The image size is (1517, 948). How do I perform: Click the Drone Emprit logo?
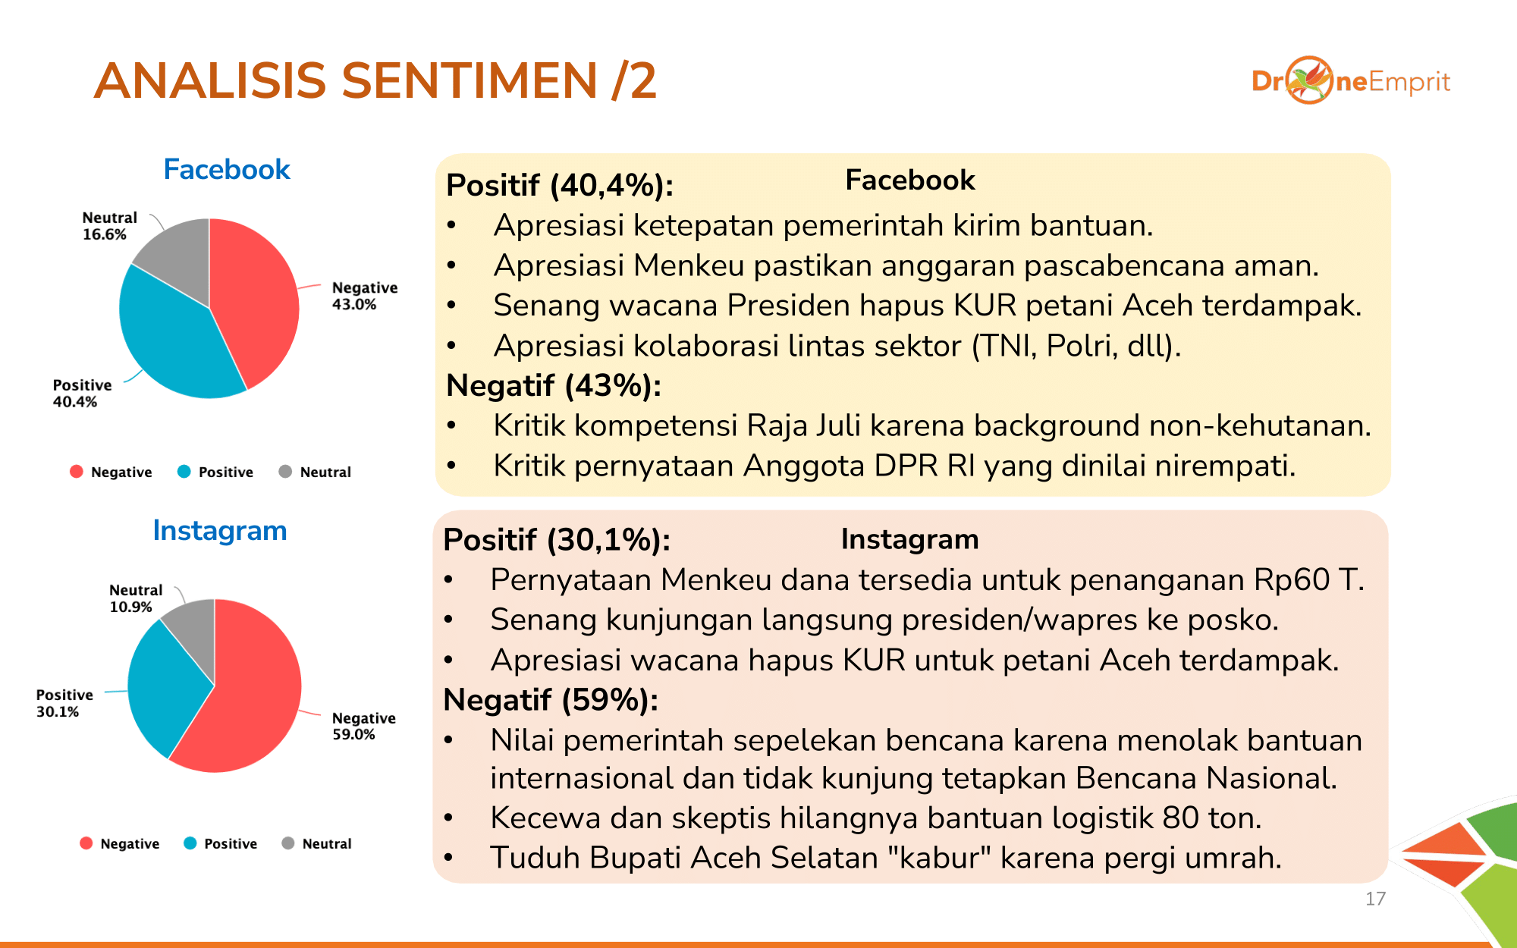pyautogui.click(x=1351, y=80)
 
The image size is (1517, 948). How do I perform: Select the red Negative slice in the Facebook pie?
pyautogui.click(x=254, y=303)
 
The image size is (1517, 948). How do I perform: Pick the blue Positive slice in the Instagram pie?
pyautogui.click(x=163, y=686)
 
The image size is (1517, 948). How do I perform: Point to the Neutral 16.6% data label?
pyautogui.click(x=109, y=226)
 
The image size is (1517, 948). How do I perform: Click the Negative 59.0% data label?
pyautogui.click(x=364, y=726)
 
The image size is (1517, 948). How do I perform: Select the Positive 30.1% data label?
pyautogui.click(x=64, y=703)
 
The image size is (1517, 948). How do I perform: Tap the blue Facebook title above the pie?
pyautogui.click(x=227, y=169)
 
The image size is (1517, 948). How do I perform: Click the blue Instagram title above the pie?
pyautogui.click(x=220, y=531)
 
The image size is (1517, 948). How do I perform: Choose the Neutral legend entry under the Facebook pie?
pyautogui.click(x=316, y=472)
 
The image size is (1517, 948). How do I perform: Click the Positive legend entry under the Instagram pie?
pyautogui.click(x=221, y=843)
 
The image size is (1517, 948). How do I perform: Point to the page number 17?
pyautogui.click(x=1375, y=899)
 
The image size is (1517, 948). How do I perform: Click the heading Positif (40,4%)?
pyautogui.click(x=560, y=185)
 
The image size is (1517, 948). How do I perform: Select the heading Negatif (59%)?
pyautogui.click(x=551, y=700)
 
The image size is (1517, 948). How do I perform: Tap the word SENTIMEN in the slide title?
pyautogui.click(x=470, y=80)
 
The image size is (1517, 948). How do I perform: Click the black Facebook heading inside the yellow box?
pyautogui.click(x=910, y=180)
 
